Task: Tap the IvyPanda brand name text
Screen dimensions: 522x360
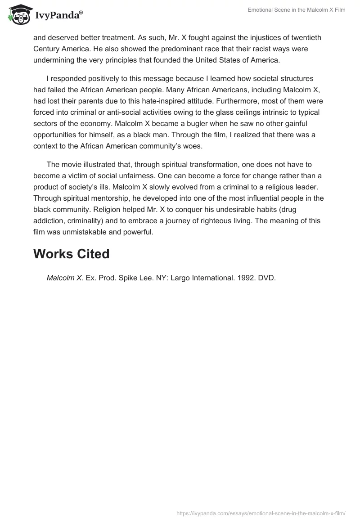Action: pos(59,15)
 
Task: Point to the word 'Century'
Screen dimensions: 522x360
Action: pos(48,49)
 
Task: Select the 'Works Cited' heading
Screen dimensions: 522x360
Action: pos(72,254)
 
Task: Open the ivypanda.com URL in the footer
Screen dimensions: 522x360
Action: pos(261,513)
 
